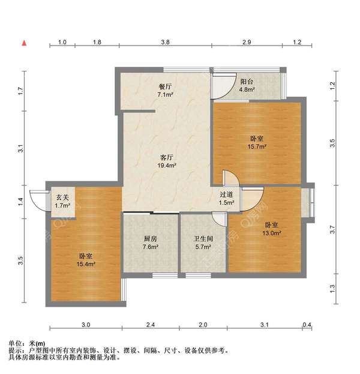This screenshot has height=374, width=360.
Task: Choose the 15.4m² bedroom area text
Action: [85, 264]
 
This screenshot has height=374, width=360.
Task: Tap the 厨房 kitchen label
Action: [151, 239]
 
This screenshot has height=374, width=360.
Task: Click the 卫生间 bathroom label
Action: [202, 239]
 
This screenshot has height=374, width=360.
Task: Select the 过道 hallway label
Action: [226, 194]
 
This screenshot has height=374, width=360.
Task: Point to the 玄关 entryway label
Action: [62, 198]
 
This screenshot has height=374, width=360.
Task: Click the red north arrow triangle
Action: [24, 43]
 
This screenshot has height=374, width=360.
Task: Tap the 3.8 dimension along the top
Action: [166, 43]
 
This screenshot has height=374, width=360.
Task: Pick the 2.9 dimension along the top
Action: [246, 43]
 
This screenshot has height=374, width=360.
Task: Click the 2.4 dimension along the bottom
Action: [150, 325]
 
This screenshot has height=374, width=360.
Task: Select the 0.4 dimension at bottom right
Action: [307, 325]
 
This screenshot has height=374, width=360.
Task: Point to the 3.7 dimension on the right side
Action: [334, 229]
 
